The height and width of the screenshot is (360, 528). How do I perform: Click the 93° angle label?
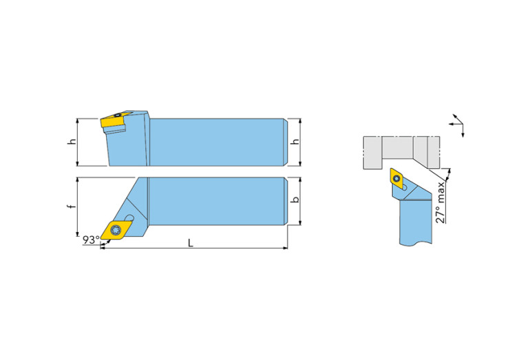[92, 240]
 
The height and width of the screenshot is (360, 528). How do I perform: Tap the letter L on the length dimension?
[191, 243]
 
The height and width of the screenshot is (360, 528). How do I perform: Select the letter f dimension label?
[72, 207]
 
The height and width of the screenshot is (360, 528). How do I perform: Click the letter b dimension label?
[295, 200]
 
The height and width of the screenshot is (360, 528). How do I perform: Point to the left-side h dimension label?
[72, 142]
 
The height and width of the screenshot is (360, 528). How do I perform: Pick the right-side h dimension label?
[295, 142]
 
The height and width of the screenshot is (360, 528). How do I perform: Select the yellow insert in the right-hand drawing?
[398, 178]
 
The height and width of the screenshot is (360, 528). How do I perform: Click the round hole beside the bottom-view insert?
[129, 218]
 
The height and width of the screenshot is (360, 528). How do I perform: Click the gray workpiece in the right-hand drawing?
[401, 152]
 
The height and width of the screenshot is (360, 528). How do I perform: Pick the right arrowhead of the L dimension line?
[285, 248]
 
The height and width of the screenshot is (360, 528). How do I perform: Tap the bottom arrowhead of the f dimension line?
[78, 234]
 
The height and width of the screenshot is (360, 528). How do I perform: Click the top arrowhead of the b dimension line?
[300, 180]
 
